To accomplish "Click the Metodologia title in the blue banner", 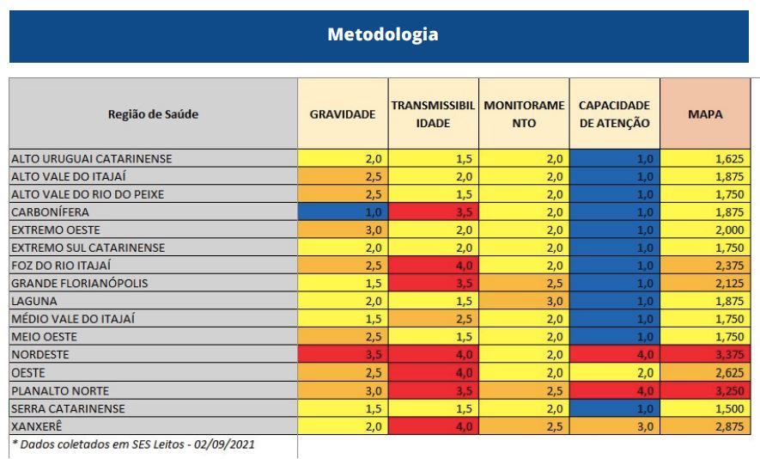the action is coord(382,34).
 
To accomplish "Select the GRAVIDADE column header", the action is coord(343,114).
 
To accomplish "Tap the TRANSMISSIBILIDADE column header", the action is coord(434,114).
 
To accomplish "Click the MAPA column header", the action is coord(705,114).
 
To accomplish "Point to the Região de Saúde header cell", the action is coord(153,114).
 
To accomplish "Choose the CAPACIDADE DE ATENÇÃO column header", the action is coord(615,114).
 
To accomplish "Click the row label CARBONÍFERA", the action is coord(51,212).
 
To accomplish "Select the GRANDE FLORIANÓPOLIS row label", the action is coord(80,284).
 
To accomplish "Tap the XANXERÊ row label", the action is coord(37,426).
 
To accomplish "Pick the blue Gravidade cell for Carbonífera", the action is coord(343,212).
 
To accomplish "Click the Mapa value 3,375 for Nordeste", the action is coord(705,355).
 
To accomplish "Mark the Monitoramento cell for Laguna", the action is coord(524,302).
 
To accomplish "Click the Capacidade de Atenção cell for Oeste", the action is coord(615,373).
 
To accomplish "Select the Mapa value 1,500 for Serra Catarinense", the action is coord(705,408).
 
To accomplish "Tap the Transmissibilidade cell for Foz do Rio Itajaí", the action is coord(434,266).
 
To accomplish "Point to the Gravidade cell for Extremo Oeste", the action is coord(343,230).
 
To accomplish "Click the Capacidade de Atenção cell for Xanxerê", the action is coord(615,426).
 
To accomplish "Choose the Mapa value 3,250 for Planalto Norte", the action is coord(705,390).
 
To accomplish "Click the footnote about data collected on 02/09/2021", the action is coord(133,444).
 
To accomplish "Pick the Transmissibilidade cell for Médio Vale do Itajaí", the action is coord(434,319).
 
